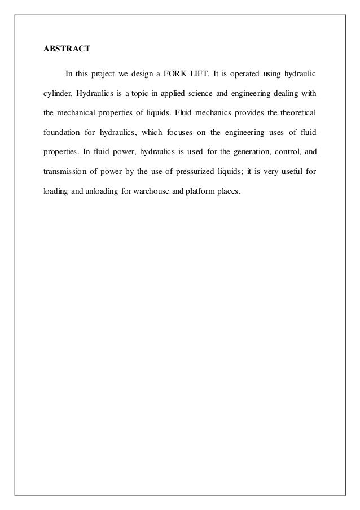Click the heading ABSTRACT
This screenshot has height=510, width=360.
pos(67,49)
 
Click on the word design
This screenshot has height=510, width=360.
pos(144,73)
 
